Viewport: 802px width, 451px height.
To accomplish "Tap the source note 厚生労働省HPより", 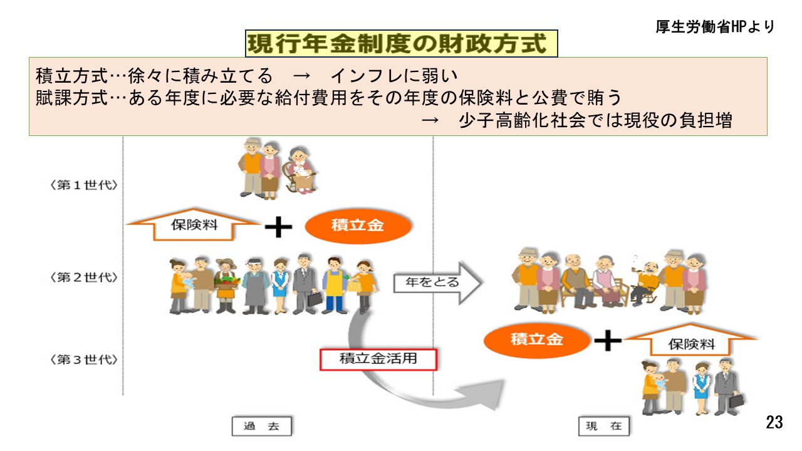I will (x=715, y=27).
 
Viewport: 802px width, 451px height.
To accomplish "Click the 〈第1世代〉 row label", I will (x=85, y=186).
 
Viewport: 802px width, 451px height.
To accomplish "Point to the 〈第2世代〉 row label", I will (x=85, y=277).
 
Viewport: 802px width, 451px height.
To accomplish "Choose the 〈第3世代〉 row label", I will (x=85, y=360).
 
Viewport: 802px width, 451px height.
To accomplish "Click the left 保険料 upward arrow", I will (x=194, y=224).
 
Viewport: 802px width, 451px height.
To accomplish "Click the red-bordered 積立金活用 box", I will (x=378, y=359).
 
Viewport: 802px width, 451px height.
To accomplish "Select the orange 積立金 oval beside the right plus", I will (x=537, y=340).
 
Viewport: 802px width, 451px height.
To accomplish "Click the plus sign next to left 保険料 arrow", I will (x=279, y=227).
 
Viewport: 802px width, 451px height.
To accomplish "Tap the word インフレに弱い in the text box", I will (x=395, y=76).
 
